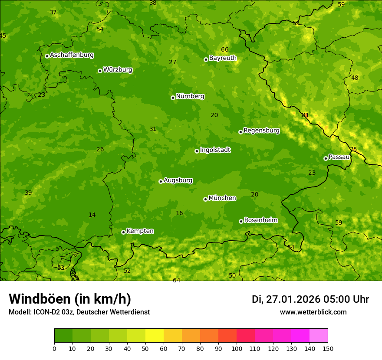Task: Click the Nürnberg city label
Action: click(x=190, y=96)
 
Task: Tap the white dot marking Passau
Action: click(x=326, y=158)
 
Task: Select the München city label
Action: click(x=222, y=198)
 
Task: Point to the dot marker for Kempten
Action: click(x=123, y=232)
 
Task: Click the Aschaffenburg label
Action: click(x=72, y=55)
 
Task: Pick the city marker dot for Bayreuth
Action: click(x=206, y=59)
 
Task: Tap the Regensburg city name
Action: click(x=261, y=131)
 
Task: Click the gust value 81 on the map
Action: click(x=306, y=115)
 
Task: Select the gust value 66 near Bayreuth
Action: click(x=224, y=50)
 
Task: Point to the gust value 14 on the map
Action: click(x=92, y=215)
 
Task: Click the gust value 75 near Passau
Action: click(x=353, y=149)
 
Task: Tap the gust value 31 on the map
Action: click(x=153, y=129)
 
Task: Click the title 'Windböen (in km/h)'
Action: click(x=70, y=299)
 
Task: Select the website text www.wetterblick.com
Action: click(x=313, y=312)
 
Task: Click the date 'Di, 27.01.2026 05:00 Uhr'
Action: click(x=310, y=299)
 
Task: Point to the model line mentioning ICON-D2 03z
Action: click(x=79, y=312)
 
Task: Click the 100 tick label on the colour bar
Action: click(x=237, y=348)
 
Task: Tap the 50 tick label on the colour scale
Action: click(x=145, y=348)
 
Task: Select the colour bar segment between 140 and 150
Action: click(x=319, y=336)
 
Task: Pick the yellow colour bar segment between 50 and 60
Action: click(x=155, y=336)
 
